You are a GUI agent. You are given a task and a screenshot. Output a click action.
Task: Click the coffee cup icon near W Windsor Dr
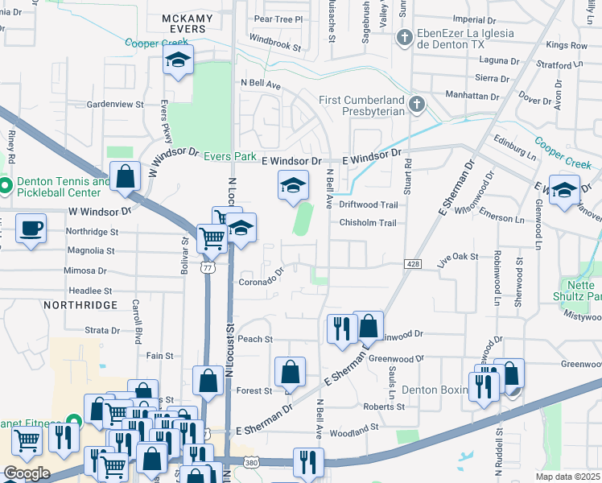tap(31, 228)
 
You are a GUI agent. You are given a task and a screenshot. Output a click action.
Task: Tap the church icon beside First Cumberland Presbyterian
tap(416, 104)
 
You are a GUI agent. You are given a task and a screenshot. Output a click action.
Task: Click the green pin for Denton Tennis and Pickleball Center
tap(4, 187)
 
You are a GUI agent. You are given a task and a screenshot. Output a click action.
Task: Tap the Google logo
tap(26, 473)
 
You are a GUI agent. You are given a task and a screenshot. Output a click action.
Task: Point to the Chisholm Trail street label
tap(368, 223)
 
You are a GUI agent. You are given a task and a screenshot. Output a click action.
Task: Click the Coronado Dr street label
tap(262, 281)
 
